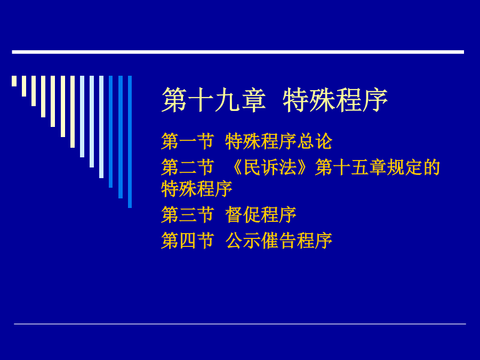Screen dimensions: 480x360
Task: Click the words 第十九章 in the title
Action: pyautogui.click(x=213, y=100)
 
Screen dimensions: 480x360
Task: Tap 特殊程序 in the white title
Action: pyautogui.click(x=335, y=100)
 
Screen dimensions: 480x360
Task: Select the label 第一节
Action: pyautogui.click(x=187, y=141)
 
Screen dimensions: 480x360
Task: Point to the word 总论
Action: pyautogui.click(x=315, y=141)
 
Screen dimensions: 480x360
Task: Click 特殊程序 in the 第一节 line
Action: pyautogui.click(x=261, y=141)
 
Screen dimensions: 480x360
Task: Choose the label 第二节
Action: pyautogui.click(x=187, y=167)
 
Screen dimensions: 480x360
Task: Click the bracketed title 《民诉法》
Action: pyautogui.click(x=269, y=167)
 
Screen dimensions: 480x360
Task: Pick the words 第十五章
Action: pyautogui.click(x=351, y=167)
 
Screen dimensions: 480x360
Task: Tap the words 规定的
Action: pyautogui.click(x=413, y=167)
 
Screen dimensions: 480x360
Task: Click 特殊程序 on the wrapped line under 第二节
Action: pyautogui.click(x=197, y=189)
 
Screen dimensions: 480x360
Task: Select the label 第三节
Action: pyautogui.click(x=187, y=214)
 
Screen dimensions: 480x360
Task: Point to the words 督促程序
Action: pyautogui.click(x=261, y=214)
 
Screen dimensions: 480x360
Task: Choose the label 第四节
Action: pyautogui.click(x=187, y=241)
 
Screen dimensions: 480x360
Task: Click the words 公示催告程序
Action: pyautogui.click(x=279, y=241)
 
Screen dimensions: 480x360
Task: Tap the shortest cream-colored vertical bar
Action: pyautogui.click(x=14, y=81)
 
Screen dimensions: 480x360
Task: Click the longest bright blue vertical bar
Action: pyautogui.click(x=130, y=142)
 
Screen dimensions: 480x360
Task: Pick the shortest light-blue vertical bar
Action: pyautogui.click(x=82, y=117)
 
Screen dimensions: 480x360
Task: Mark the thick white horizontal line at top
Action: pyautogui.click(x=238, y=52)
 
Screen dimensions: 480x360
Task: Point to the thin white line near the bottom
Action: pyautogui.click(x=240, y=324)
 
